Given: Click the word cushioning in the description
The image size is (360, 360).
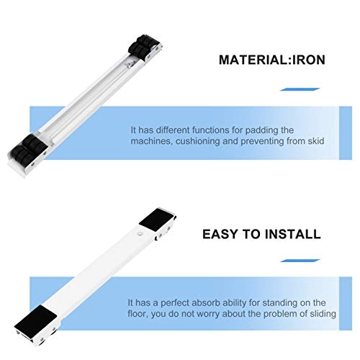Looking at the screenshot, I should pos(203,142).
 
